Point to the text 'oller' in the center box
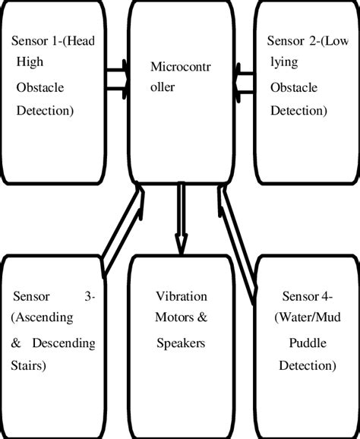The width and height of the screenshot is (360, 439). [163, 87]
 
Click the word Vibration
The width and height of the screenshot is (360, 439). [181, 295]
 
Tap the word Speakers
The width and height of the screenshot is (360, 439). [181, 343]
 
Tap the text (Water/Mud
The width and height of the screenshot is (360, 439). [301, 319]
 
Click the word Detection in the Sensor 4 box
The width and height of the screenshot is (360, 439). [305, 367]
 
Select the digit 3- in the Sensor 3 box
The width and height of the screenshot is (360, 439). [90, 295]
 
